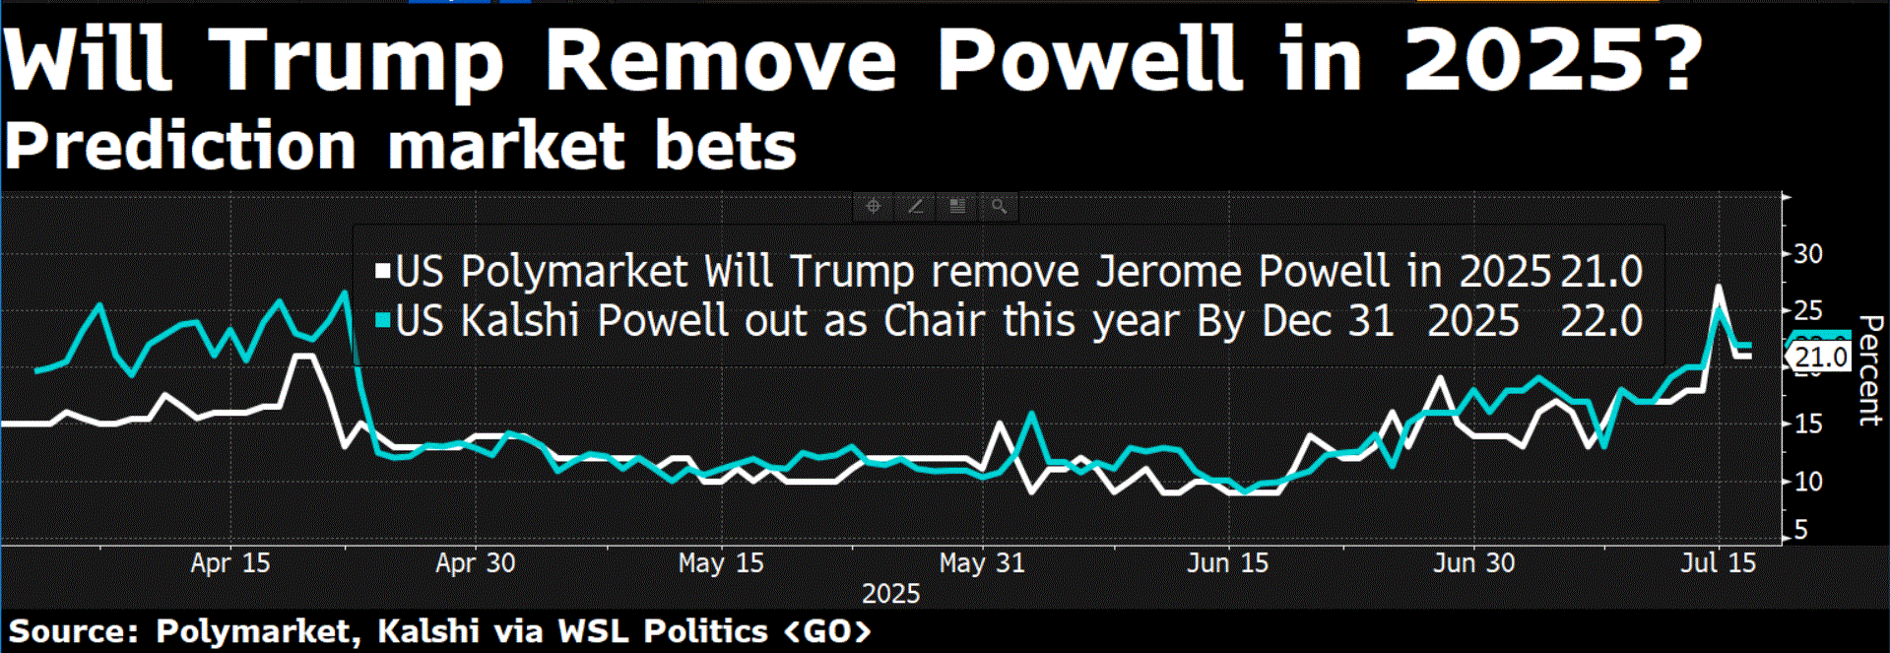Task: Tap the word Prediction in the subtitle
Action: click(180, 146)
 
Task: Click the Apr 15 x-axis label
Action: click(229, 563)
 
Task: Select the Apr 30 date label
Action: click(475, 563)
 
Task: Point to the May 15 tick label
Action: click(721, 563)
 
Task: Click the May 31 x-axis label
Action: click(982, 563)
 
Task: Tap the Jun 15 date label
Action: click(1227, 563)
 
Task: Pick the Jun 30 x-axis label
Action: click(1473, 563)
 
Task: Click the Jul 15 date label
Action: click(1719, 563)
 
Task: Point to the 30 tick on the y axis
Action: click(1807, 254)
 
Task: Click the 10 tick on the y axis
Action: click(1807, 482)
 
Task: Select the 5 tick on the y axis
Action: click(1801, 530)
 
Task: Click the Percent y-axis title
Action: click(1868, 370)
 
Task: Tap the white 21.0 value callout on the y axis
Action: click(1819, 358)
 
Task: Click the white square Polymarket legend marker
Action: click(383, 271)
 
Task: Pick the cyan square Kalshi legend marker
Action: click(383, 320)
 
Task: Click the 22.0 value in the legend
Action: click(1601, 321)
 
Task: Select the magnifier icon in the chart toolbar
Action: click(999, 207)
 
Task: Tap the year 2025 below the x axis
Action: click(890, 594)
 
